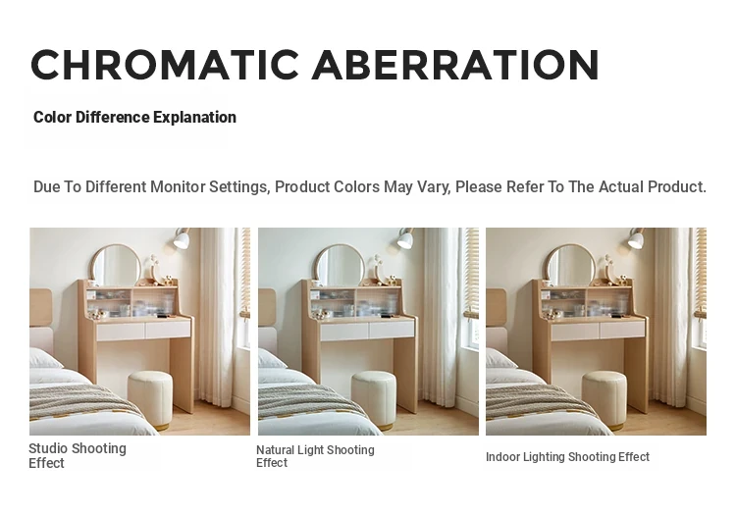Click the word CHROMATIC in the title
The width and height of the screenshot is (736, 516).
coord(165,65)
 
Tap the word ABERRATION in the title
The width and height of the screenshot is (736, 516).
coord(455,65)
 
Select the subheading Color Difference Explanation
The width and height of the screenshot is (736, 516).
coord(134,118)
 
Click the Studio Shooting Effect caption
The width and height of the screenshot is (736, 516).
coord(78,455)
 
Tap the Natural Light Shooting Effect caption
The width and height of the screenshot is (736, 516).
coord(315,456)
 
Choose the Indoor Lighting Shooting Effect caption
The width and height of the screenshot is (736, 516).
coord(567,457)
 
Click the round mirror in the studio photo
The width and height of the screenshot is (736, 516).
coord(116,265)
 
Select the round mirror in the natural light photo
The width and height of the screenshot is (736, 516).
coord(340,265)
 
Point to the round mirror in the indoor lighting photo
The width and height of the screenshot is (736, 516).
coord(571,265)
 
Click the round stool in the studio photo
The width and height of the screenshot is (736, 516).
coord(150,398)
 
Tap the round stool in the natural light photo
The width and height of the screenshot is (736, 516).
coord(374,398)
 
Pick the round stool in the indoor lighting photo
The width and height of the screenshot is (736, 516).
coord(605,398)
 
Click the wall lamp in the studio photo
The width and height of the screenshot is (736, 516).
coord(182,237)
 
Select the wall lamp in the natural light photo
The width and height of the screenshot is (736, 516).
coord(405,237)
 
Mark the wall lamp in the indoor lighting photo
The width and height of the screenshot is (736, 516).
coord(637,237)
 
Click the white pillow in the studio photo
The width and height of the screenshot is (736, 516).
coord(43,359)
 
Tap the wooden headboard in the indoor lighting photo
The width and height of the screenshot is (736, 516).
coord(496,308)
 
